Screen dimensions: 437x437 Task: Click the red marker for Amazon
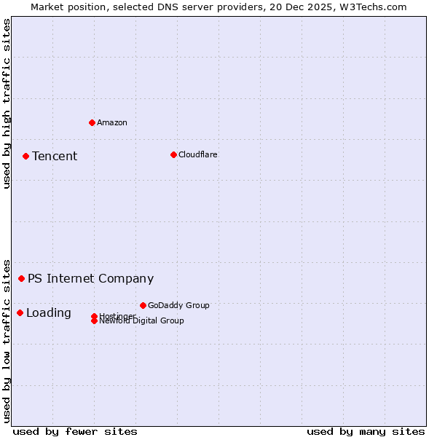click(92, 122)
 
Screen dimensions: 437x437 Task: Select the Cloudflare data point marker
click(173, 154)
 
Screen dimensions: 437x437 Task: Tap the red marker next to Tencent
click(25, 156)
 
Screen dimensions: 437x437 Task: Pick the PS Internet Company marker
click(21, 278)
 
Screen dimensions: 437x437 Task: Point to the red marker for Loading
click(20, 312)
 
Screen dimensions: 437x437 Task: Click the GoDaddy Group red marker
click(143, 305)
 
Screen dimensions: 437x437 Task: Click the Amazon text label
click(112, 122)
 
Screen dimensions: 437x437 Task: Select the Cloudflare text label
click(198, 154)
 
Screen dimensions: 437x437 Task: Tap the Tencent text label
click(55, 157)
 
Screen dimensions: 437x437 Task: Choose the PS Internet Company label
click(90, 279)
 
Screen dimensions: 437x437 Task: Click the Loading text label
click(49, 313)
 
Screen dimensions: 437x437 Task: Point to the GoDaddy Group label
click(178, 305)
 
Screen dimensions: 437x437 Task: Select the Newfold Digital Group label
click(141, 321)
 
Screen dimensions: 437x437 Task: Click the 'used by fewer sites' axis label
click(75, 431)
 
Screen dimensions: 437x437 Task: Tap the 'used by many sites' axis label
click(366, 431)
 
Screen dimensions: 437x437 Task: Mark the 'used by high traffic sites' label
click(7, 103)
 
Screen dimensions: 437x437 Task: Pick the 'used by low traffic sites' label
click(7, 340)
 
